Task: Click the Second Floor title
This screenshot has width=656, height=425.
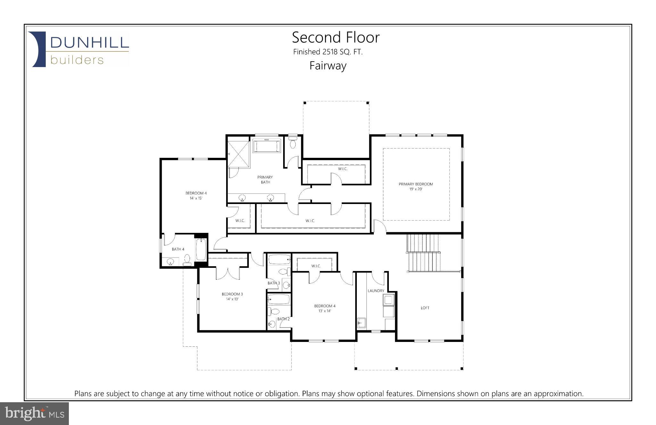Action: coord(336,38)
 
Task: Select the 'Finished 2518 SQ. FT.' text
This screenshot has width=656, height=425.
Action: coord(328,52)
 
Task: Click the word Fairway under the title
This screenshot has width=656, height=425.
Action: coord(328,66)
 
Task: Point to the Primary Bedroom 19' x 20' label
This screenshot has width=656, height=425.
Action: coord(415,186)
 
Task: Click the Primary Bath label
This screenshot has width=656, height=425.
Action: coord(265,180)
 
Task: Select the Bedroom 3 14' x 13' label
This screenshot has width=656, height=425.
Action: coord(232,296)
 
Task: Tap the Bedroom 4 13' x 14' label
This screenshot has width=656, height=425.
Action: coord(324,308)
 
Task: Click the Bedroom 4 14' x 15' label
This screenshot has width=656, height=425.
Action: coord(196,195)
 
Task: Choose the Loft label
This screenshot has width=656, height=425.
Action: coord(425,308)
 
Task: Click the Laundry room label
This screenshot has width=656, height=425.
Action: coord(376,291)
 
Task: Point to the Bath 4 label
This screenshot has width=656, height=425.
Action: coord(178,249)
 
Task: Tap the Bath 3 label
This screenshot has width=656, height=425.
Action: coord(274,283)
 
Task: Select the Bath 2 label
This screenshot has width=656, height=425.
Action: coord(283,319)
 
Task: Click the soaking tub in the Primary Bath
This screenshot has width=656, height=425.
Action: coord(267,146)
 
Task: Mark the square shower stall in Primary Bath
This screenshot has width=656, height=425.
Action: coord(238,154)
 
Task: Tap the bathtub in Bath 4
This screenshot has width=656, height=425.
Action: coord(201,250)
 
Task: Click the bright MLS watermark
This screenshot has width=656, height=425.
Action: coord(35,413)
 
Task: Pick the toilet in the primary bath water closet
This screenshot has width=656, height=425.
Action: coord(292,143)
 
